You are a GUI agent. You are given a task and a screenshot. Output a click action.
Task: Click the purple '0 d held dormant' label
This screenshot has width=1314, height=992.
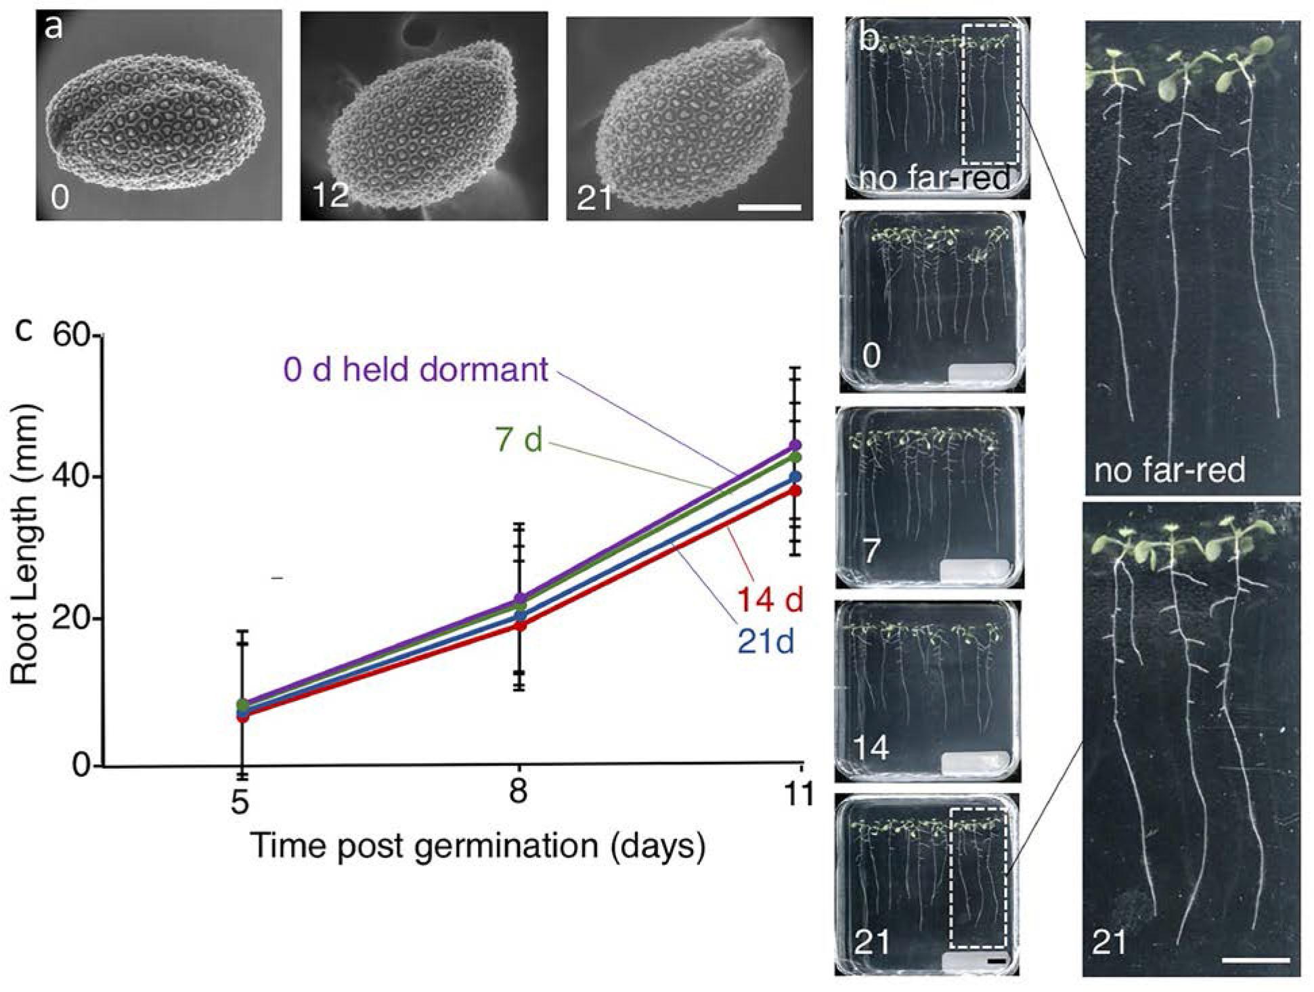[416, 370]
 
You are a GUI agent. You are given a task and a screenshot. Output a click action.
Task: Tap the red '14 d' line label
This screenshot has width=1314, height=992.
[770, 600]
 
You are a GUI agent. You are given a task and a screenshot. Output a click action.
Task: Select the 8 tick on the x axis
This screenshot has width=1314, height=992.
[519, 790]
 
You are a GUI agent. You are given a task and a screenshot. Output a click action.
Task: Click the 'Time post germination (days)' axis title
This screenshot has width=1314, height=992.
[477, 846]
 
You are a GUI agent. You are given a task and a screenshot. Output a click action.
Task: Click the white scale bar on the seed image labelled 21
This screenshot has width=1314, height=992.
[770, 207]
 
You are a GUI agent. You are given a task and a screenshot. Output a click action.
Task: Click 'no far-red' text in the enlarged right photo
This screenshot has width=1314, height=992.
[1169, 470]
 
